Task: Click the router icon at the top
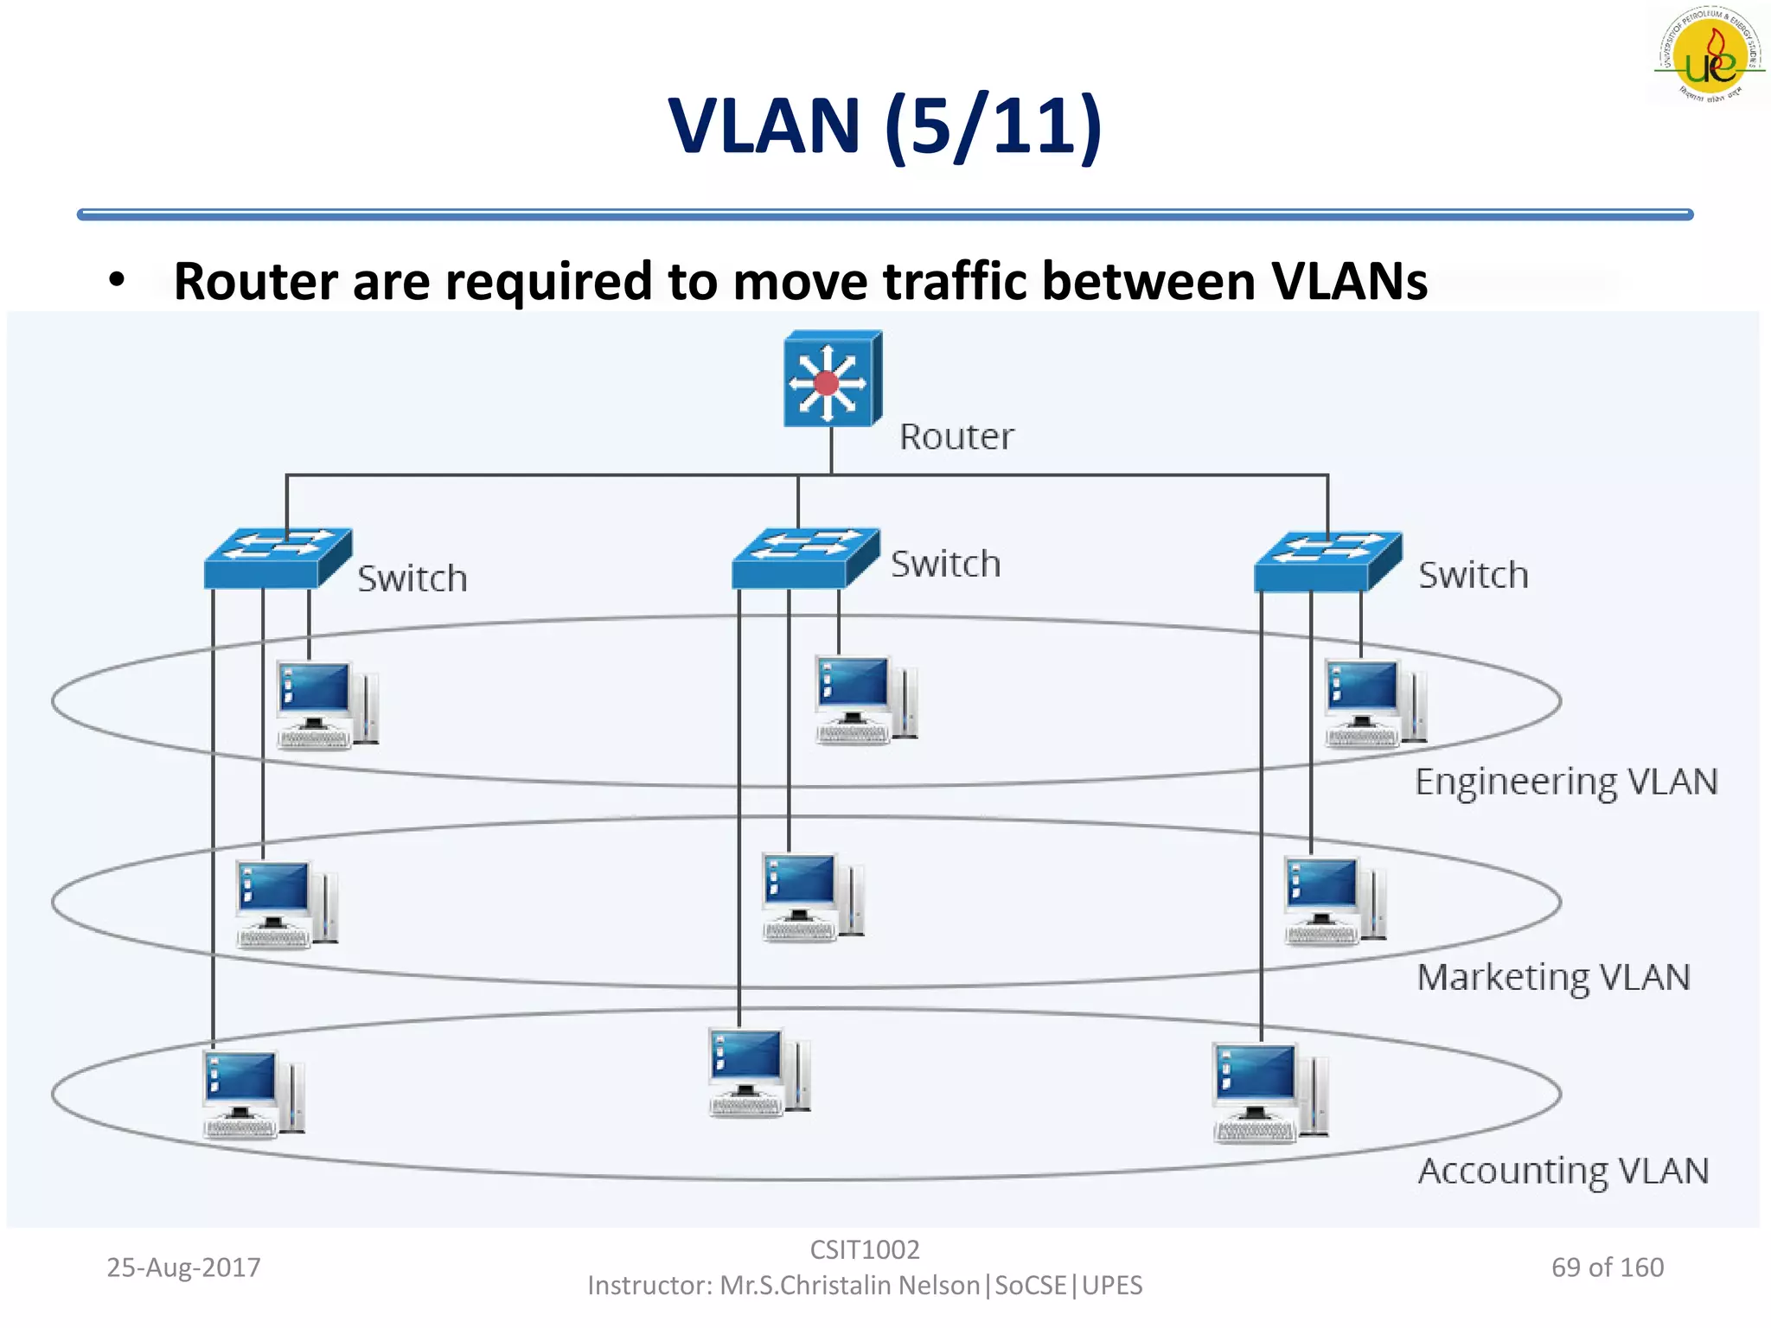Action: (831, 379)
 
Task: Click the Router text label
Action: (956, 437)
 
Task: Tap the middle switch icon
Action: (804, 559)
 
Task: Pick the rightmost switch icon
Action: (1327, 561)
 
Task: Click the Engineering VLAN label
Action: (1565, 782)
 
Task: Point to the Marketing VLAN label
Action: (1553, 978)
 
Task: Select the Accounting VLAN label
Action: (1563, 1172)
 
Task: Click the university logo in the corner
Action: (1710, 54)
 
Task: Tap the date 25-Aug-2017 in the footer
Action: (183, 1267)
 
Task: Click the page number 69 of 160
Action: (1607, 1267)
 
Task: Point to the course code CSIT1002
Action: (864, 1249)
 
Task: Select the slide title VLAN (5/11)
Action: (885, 126)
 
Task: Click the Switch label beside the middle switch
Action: (945, 565)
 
